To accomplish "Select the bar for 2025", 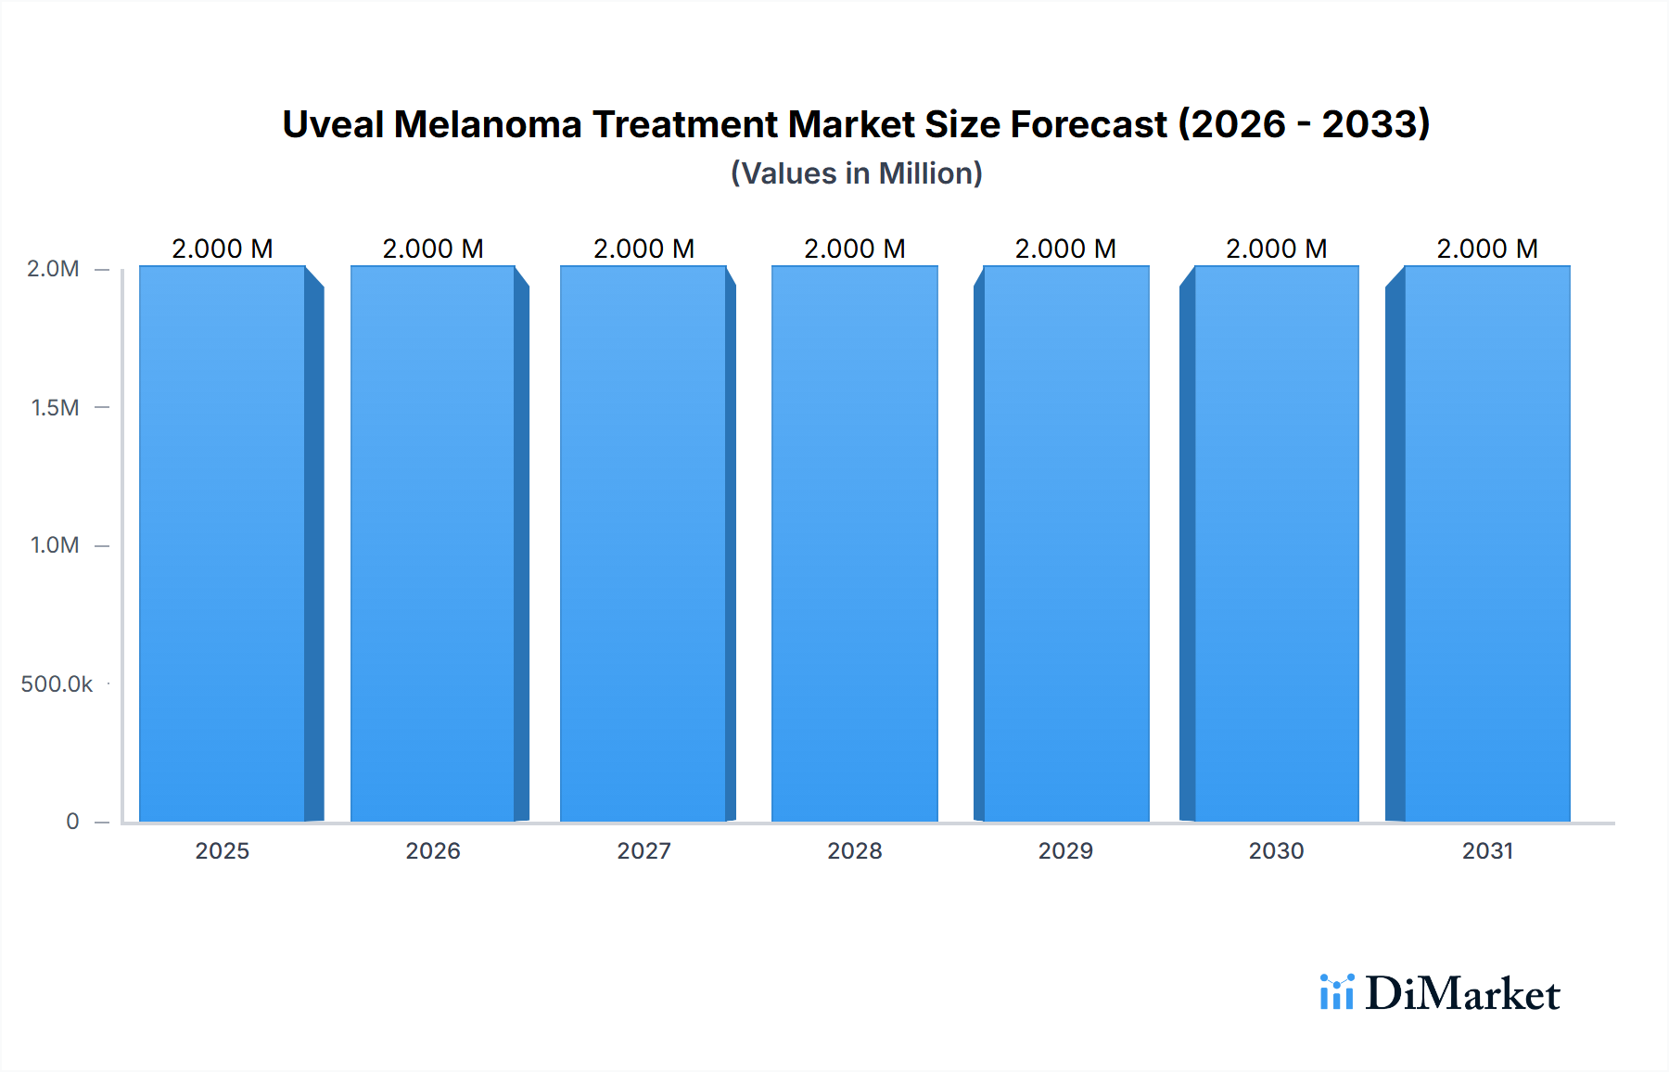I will click(x=223, y=543).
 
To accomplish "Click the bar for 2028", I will click(x=854, y=543).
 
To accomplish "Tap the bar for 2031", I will click(x=1487, y=543).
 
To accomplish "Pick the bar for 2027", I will click(x=643, y=543).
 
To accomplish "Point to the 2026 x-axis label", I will click(x=433, y=850).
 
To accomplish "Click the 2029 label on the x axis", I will click(x=1065, y=850).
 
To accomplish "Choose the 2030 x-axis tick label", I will click(x=1276, y=850).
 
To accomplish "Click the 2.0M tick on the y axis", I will click(x=53, y=269).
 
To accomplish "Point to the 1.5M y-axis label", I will click(x=55, y=407).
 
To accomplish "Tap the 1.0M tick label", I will click(x=55, y=545).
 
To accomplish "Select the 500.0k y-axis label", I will click(x=57, y=684).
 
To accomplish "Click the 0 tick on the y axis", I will click(x=72, y=822).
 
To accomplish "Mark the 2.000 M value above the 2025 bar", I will click(x=223, y=249).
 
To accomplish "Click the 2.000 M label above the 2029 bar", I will click(x=1065, y=249).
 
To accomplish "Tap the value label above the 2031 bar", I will click(x=1487, y=249).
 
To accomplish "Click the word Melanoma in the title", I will click(x=487, y=124).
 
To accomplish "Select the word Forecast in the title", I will click(x=1089, y=124).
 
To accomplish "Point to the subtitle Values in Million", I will click(x=856, y=173).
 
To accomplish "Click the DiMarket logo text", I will click(x=1462, y=994).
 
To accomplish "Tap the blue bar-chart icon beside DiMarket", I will click(x=1336, y=992).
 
